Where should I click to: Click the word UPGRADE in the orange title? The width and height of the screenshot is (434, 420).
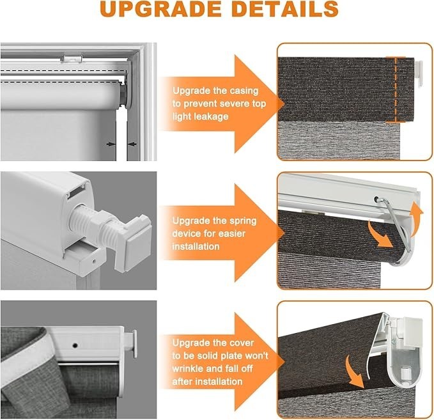coord(160,9)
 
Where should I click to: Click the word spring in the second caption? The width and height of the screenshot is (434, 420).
coord(242,221)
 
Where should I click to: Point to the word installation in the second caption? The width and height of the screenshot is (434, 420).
coord(196,246)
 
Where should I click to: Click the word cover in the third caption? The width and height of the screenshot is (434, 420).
coord(241,343)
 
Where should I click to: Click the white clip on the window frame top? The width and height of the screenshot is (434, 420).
coord(72,58)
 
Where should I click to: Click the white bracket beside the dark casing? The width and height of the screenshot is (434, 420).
coord(419,72)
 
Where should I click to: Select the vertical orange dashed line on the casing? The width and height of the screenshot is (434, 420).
coord(396,89)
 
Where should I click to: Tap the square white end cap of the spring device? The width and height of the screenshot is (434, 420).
coord(138,240)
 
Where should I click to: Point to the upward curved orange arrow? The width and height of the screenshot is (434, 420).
coord(417,219)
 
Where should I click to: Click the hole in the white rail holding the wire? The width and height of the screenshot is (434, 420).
coord(376,199)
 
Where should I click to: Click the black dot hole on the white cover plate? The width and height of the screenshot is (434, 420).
coord(75,345)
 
